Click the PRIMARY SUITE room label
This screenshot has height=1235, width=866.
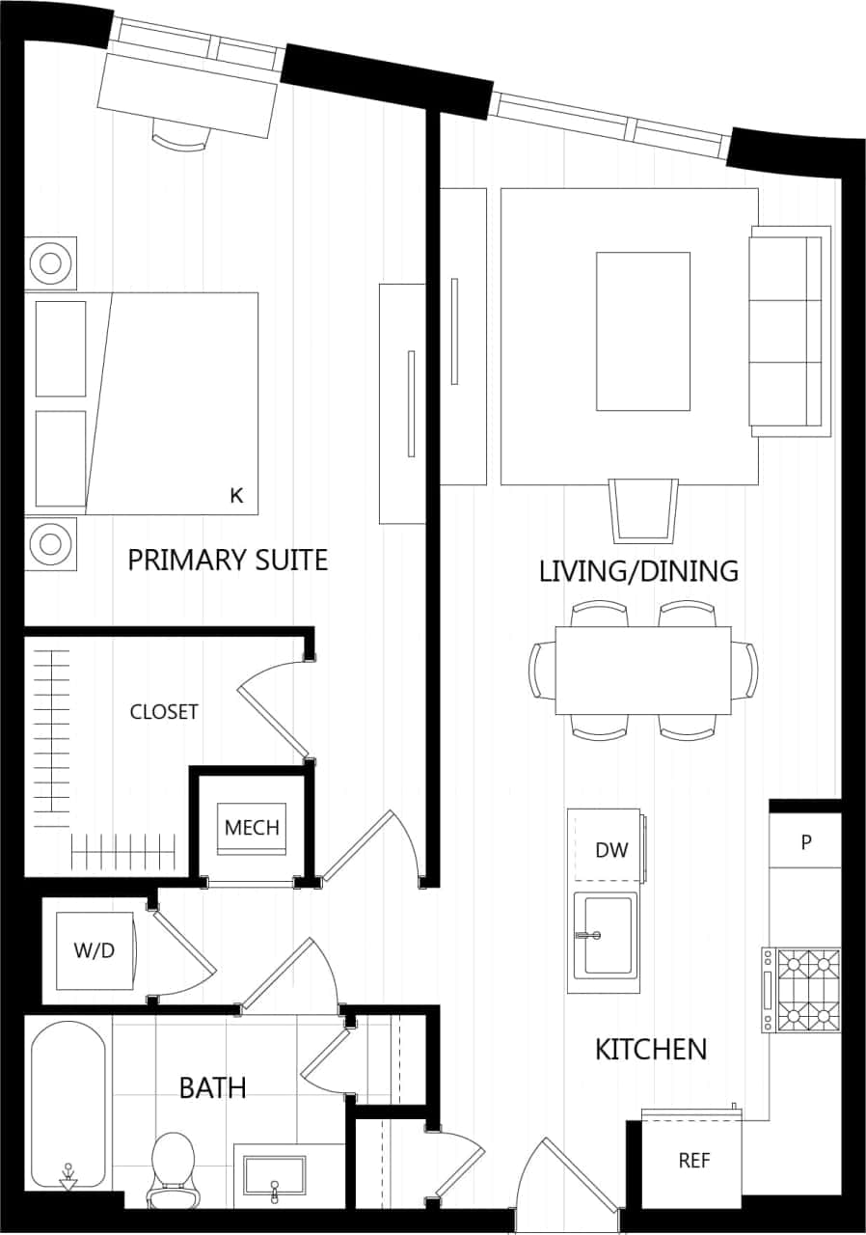(x=228, y=560)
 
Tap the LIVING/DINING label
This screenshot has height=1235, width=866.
(x=638, y=571)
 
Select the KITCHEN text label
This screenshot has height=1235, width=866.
(x=651, y=1049)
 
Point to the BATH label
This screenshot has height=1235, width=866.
(x=212, y=1088)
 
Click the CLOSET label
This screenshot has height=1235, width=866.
(x=164, y=712)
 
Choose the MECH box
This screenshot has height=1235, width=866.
(x=252, y=828)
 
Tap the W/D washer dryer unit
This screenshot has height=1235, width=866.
(x=95, y=951)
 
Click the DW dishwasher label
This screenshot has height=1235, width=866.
(x=611, y=850)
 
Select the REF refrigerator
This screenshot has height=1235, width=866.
(x=693, y=1161)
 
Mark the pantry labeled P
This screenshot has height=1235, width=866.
(x=806, y=841)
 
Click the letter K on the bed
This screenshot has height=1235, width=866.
(x=236, y=496)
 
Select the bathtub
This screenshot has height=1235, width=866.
(x=68, y=1106)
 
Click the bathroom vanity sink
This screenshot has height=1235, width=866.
(x=275, y=1177)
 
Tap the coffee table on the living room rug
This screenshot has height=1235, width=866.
(x=643, y=331)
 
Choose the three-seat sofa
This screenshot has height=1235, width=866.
(x=790, y=331)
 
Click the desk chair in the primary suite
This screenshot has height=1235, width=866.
(x=180, y=140)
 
